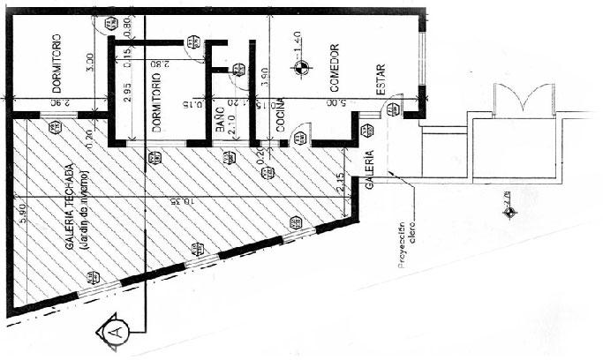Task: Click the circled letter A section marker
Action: coord(115,333)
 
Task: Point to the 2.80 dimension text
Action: coord(160,64)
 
